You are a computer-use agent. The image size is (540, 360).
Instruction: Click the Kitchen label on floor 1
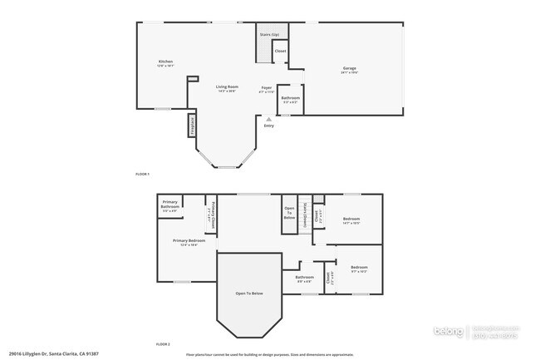(166, 62)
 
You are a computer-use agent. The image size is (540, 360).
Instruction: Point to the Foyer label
(267, 86)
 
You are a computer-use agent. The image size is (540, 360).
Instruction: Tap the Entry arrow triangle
(268, 120)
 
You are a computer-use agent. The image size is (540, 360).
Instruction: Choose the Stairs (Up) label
(268, 34)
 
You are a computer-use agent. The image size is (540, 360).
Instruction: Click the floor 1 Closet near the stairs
(281, 52)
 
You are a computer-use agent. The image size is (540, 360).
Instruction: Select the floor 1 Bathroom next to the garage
(291, 98)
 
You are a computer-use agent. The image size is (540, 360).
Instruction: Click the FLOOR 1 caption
(142, 174)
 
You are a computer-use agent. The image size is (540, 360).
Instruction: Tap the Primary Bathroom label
(170, 205)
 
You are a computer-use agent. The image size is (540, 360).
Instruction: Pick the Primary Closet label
(212, 215)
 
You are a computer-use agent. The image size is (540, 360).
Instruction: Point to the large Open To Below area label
(249, 293)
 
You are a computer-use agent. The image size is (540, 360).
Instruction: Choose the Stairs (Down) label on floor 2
(305, 214)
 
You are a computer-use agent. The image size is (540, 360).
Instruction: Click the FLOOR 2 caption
(163, 343)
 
